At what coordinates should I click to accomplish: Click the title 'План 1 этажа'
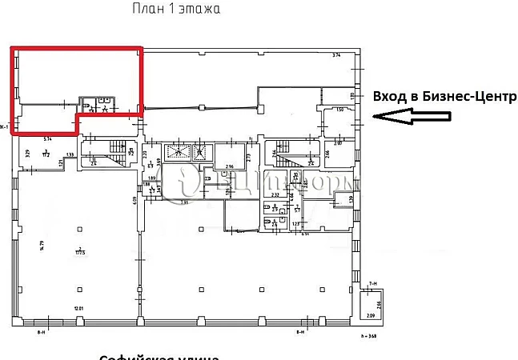coord(175,10)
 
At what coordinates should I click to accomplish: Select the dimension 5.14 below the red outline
coord(48,138)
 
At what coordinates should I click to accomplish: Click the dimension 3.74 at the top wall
coord(337,54)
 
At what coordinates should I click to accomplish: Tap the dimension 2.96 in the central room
coord(229,166)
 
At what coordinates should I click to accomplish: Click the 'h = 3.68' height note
coord(369,337)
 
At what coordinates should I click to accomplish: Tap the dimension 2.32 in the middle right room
coord(275,194)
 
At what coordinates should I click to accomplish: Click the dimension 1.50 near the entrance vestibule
coord(339,110)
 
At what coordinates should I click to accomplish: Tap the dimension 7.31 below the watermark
coord(183,202)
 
